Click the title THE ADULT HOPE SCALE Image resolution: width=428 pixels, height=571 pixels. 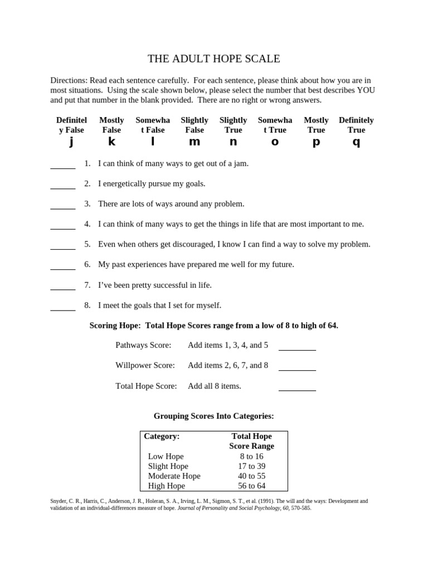213,59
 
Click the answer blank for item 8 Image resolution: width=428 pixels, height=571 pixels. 63,308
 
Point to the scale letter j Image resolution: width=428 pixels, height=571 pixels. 71,142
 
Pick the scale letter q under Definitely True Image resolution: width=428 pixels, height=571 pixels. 356,142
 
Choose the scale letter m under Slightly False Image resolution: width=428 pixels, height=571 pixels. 194,142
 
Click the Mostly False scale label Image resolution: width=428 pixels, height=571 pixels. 111,125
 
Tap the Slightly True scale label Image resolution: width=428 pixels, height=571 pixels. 233,125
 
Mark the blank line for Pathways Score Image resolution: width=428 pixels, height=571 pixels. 297,349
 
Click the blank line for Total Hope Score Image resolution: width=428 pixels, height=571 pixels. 297,389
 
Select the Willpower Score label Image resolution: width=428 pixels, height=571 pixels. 145,365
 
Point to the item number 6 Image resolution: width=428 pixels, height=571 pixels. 87,264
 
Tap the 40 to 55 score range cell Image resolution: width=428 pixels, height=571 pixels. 251,476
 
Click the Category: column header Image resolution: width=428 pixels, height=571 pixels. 162,436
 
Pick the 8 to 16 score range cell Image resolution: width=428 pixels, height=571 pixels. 251,456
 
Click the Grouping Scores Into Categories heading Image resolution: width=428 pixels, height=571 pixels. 213,416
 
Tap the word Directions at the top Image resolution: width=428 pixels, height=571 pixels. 69,80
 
